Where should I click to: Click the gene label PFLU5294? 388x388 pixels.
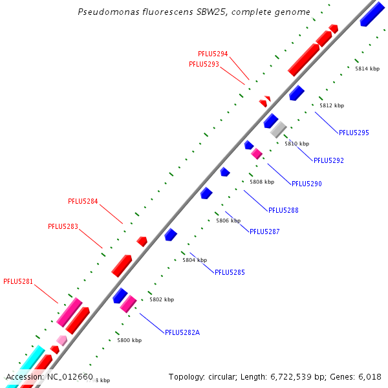click(x=213, y=54)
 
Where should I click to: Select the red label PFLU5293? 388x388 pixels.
click(x=204, y=64)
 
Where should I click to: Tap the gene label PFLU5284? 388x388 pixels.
click(x=83, y=201)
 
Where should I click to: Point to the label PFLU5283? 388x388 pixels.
click(x=63, y=226)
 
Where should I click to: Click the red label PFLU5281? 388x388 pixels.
click(x=18, y=281)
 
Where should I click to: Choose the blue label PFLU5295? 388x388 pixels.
click(x=354, y=133)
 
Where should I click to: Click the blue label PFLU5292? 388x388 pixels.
click(x=329, y=160)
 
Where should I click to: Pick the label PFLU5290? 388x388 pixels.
click(x=307, y=184)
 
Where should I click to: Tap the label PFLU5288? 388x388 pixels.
click(x=283, y=210)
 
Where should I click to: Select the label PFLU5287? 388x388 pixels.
click(x=264, y=232)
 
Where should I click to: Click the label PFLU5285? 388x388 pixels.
click(x=230, y=272)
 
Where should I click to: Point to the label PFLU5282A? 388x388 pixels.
click(x=182, y=332)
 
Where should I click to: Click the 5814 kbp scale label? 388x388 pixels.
click(x=367, y=69)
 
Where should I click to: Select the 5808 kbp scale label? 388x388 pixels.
click(x=262, y=182)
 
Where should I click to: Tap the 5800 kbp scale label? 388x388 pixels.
click(x=129, y=339)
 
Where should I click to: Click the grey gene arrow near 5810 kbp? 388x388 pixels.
click(x=278, y=129)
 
